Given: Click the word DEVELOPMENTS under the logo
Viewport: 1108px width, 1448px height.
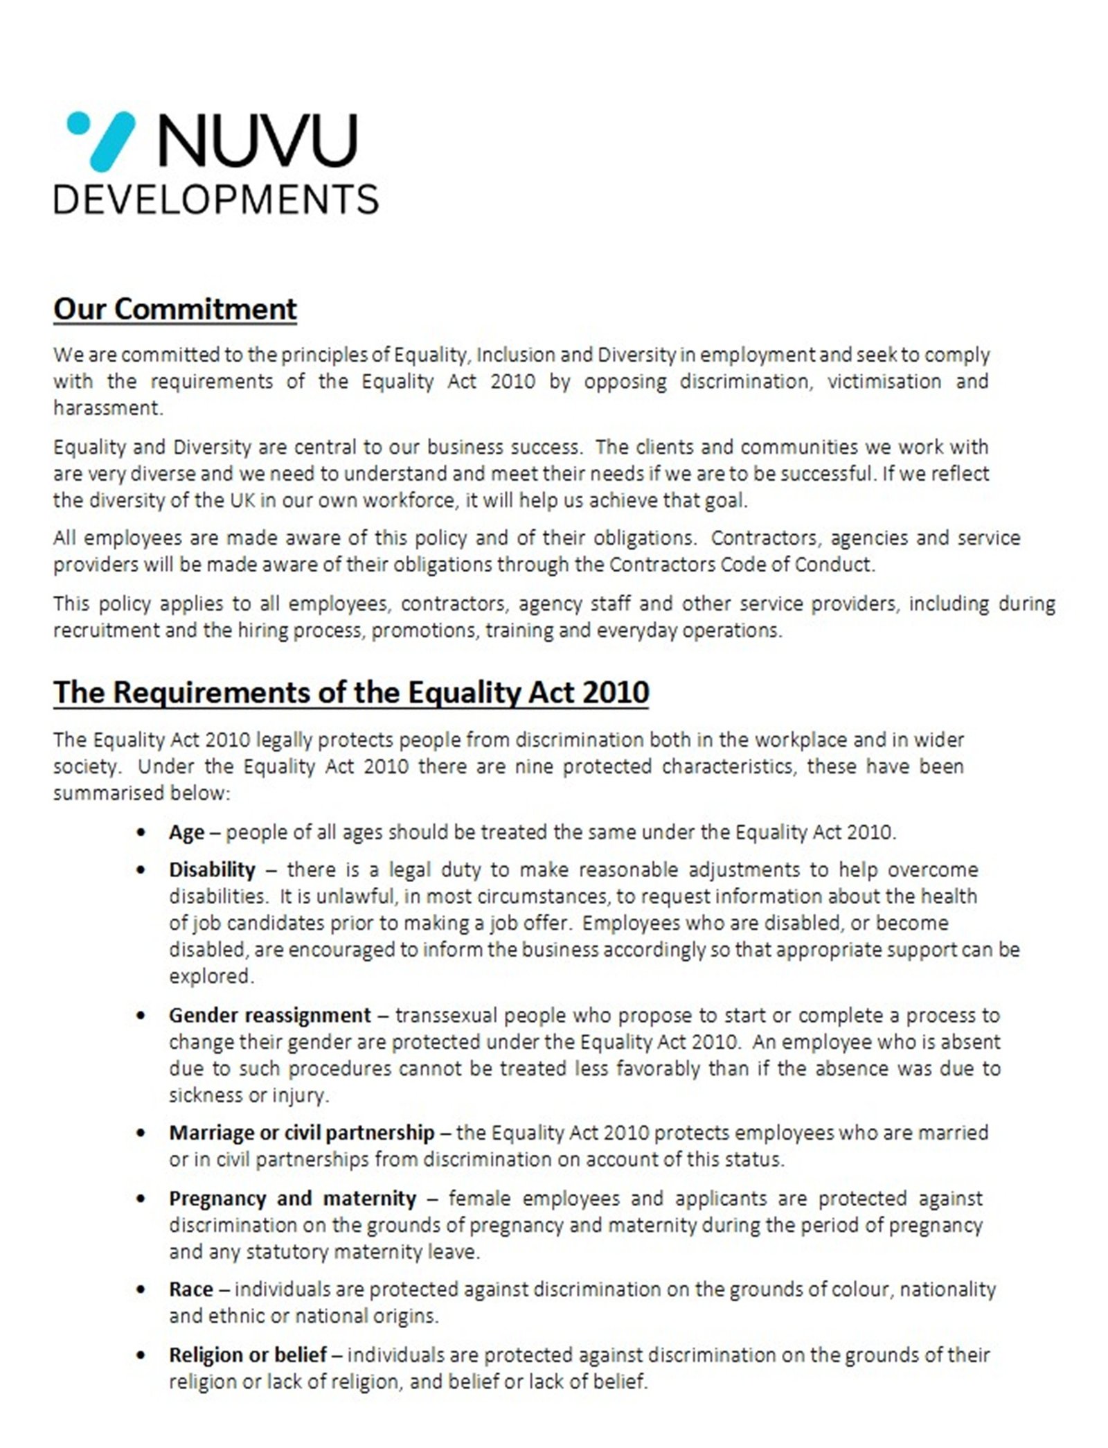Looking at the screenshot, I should pyautogui.click(x=216, y=199).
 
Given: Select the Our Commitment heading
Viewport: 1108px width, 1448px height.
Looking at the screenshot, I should pyautogui.click(x=175, y=309).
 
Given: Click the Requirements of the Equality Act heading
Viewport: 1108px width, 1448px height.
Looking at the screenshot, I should pyautogui.click(x=351, y=692).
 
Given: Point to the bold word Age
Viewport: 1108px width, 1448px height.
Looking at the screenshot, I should pyautogui.click(x=186, y=832).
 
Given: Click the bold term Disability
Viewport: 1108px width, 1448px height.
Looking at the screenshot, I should pyautogui.click(x=212, y=869).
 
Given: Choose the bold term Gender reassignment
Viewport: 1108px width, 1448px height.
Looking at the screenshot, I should pyautogui.click(x=270, y=1016).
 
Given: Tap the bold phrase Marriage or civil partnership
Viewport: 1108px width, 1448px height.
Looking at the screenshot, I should pyautogui.click(x=301, y=1133).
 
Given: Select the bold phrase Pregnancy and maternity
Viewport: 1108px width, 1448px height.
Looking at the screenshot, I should pyautogui.click(x=292, y=1199).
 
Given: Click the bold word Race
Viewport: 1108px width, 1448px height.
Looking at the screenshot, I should pyautogui.click(x=190, y=1289).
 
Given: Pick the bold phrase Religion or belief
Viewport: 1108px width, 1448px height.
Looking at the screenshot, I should pyautogui.click(x=247, y=1355).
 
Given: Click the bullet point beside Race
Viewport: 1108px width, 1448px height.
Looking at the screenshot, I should pyautogui.click(x=142, y=1290).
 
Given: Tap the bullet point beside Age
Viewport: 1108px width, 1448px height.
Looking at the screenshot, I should pyautogui.click(x=142, y=833).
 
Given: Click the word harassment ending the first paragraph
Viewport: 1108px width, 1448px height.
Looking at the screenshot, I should pyautogui.click(x=107, y=408).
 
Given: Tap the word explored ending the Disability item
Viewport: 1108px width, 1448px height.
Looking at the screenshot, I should pyautogui.click(x=211, y=976).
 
